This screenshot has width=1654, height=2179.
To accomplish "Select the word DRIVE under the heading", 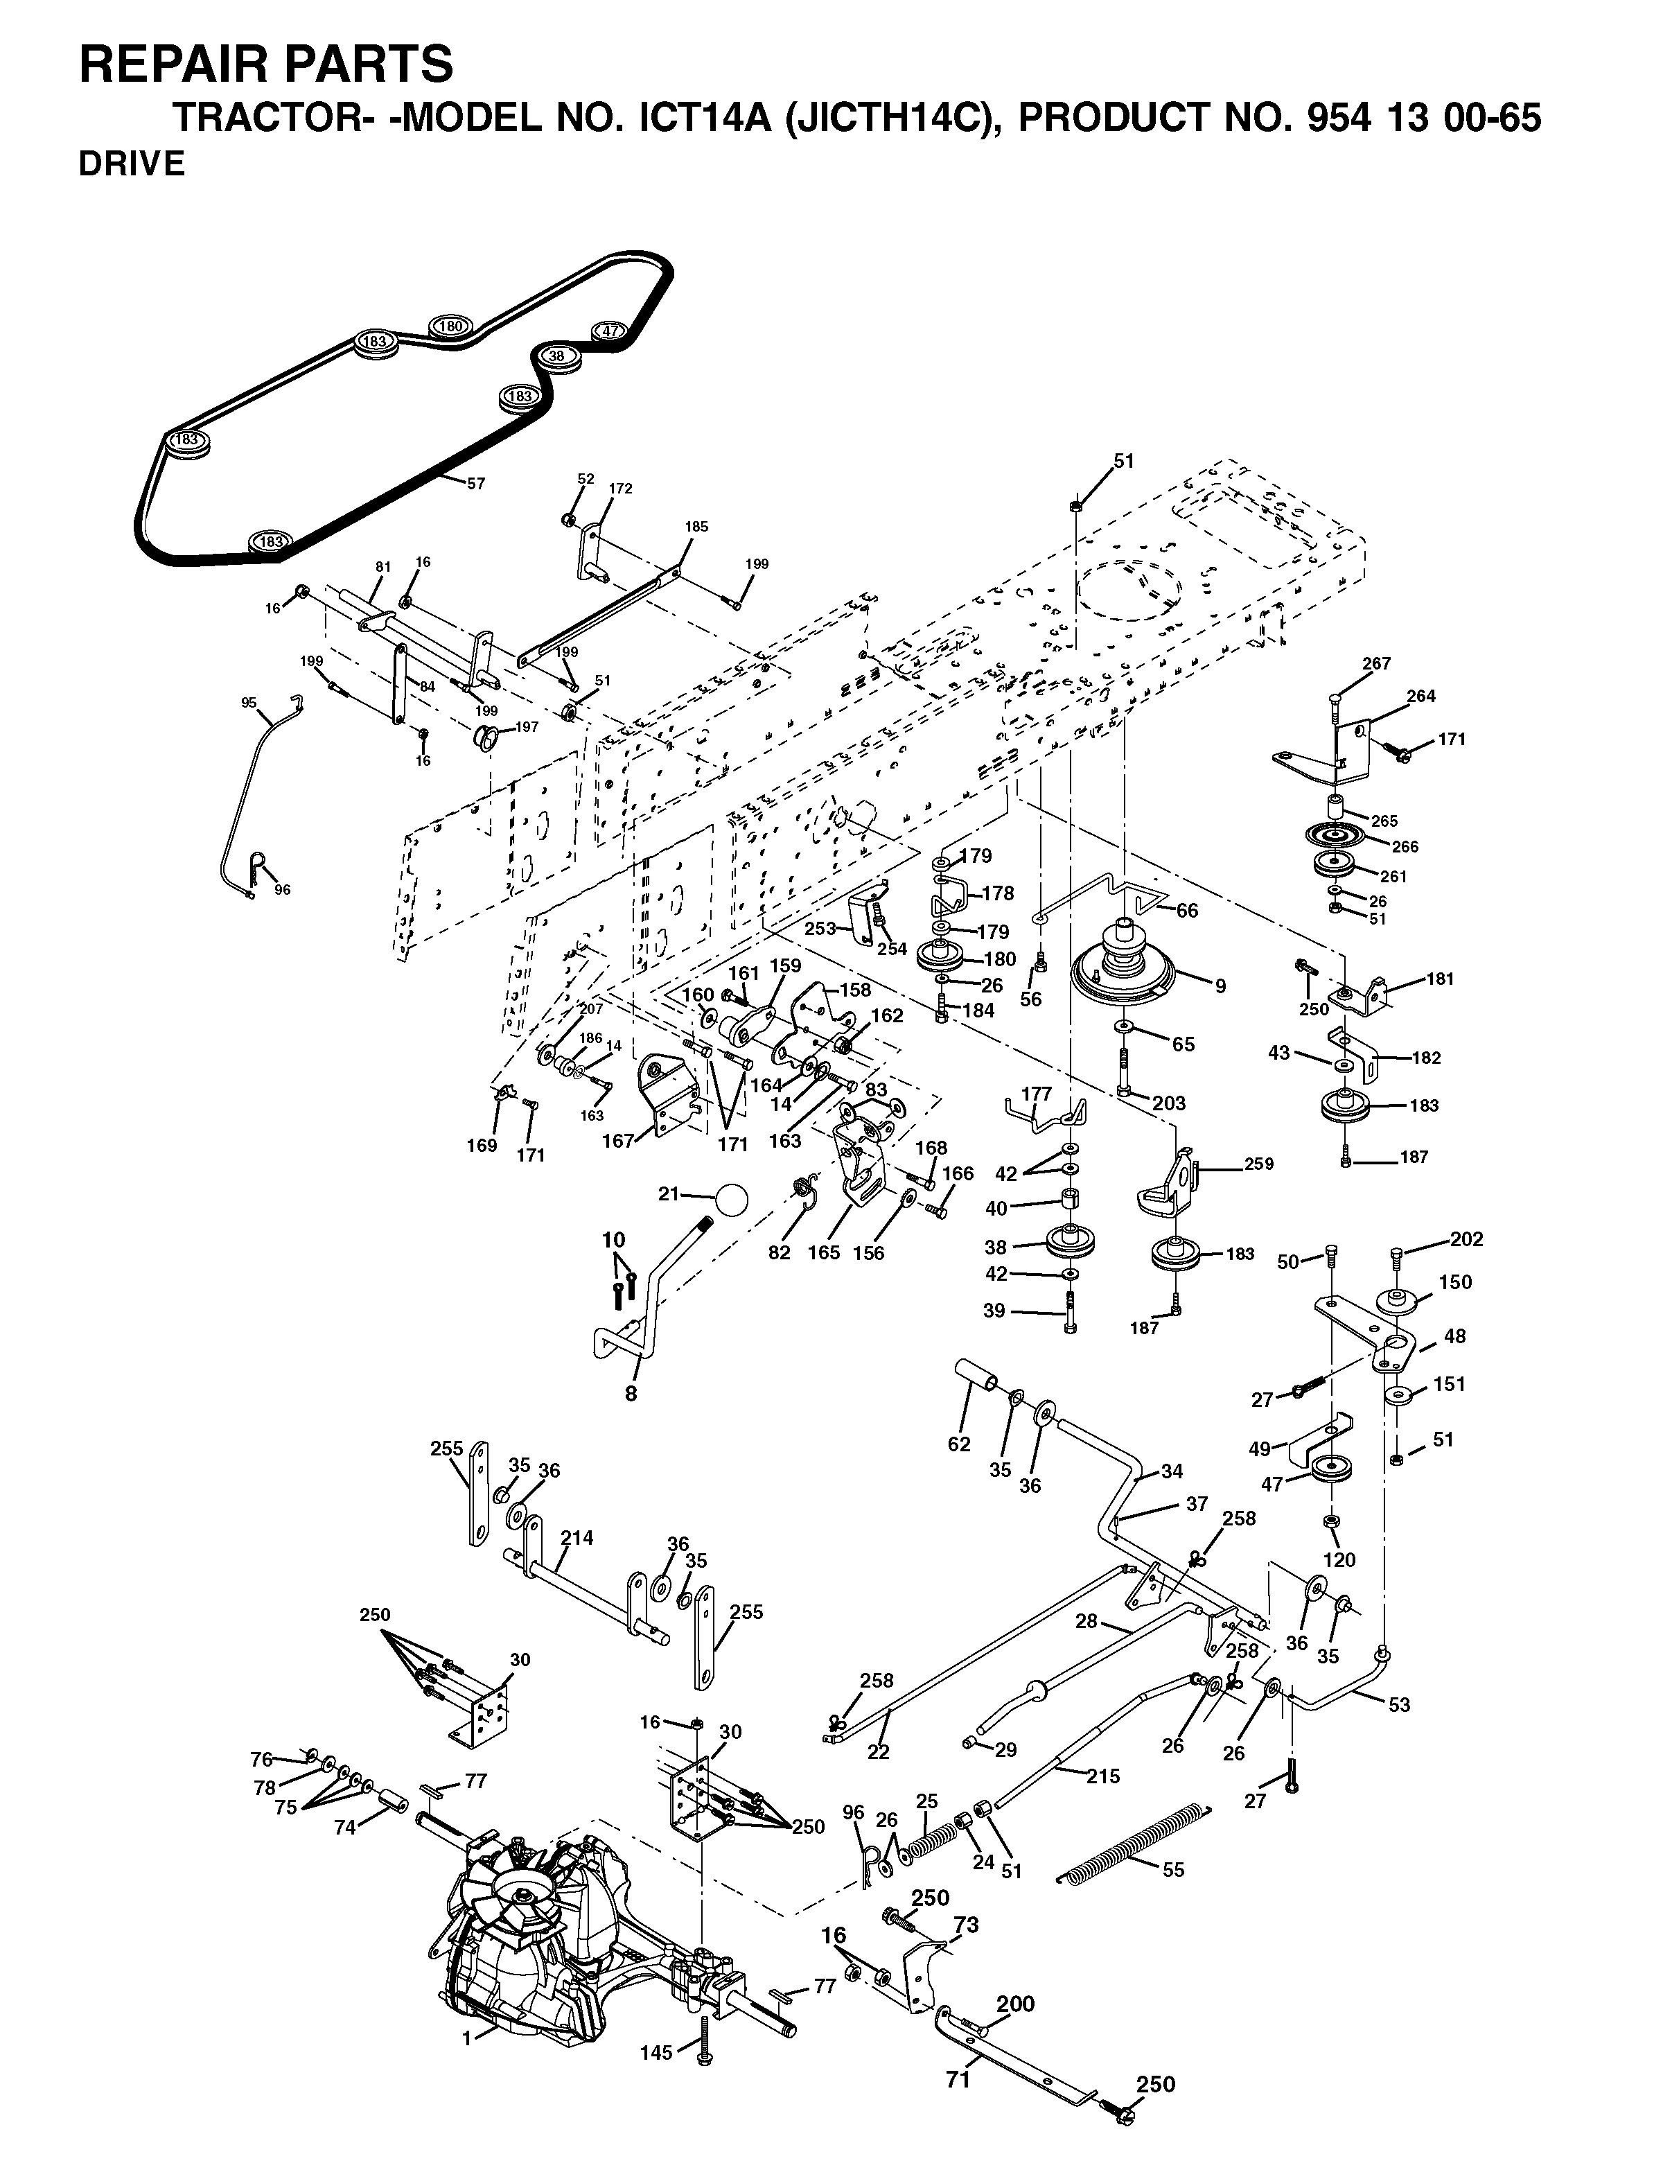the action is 132,164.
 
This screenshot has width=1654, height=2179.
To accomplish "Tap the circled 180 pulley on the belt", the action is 450,327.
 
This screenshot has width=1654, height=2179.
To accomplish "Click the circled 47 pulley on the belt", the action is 610,331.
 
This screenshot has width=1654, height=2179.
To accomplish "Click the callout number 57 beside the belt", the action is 476,484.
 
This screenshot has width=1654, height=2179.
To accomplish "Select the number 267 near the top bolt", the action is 1376,663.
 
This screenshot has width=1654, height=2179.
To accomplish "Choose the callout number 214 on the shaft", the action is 577,1537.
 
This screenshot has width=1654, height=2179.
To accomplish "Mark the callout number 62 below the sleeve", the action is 958,1444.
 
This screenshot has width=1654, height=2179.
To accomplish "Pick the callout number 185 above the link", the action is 696,527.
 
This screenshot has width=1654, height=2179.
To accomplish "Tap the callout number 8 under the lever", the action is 631,1393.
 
